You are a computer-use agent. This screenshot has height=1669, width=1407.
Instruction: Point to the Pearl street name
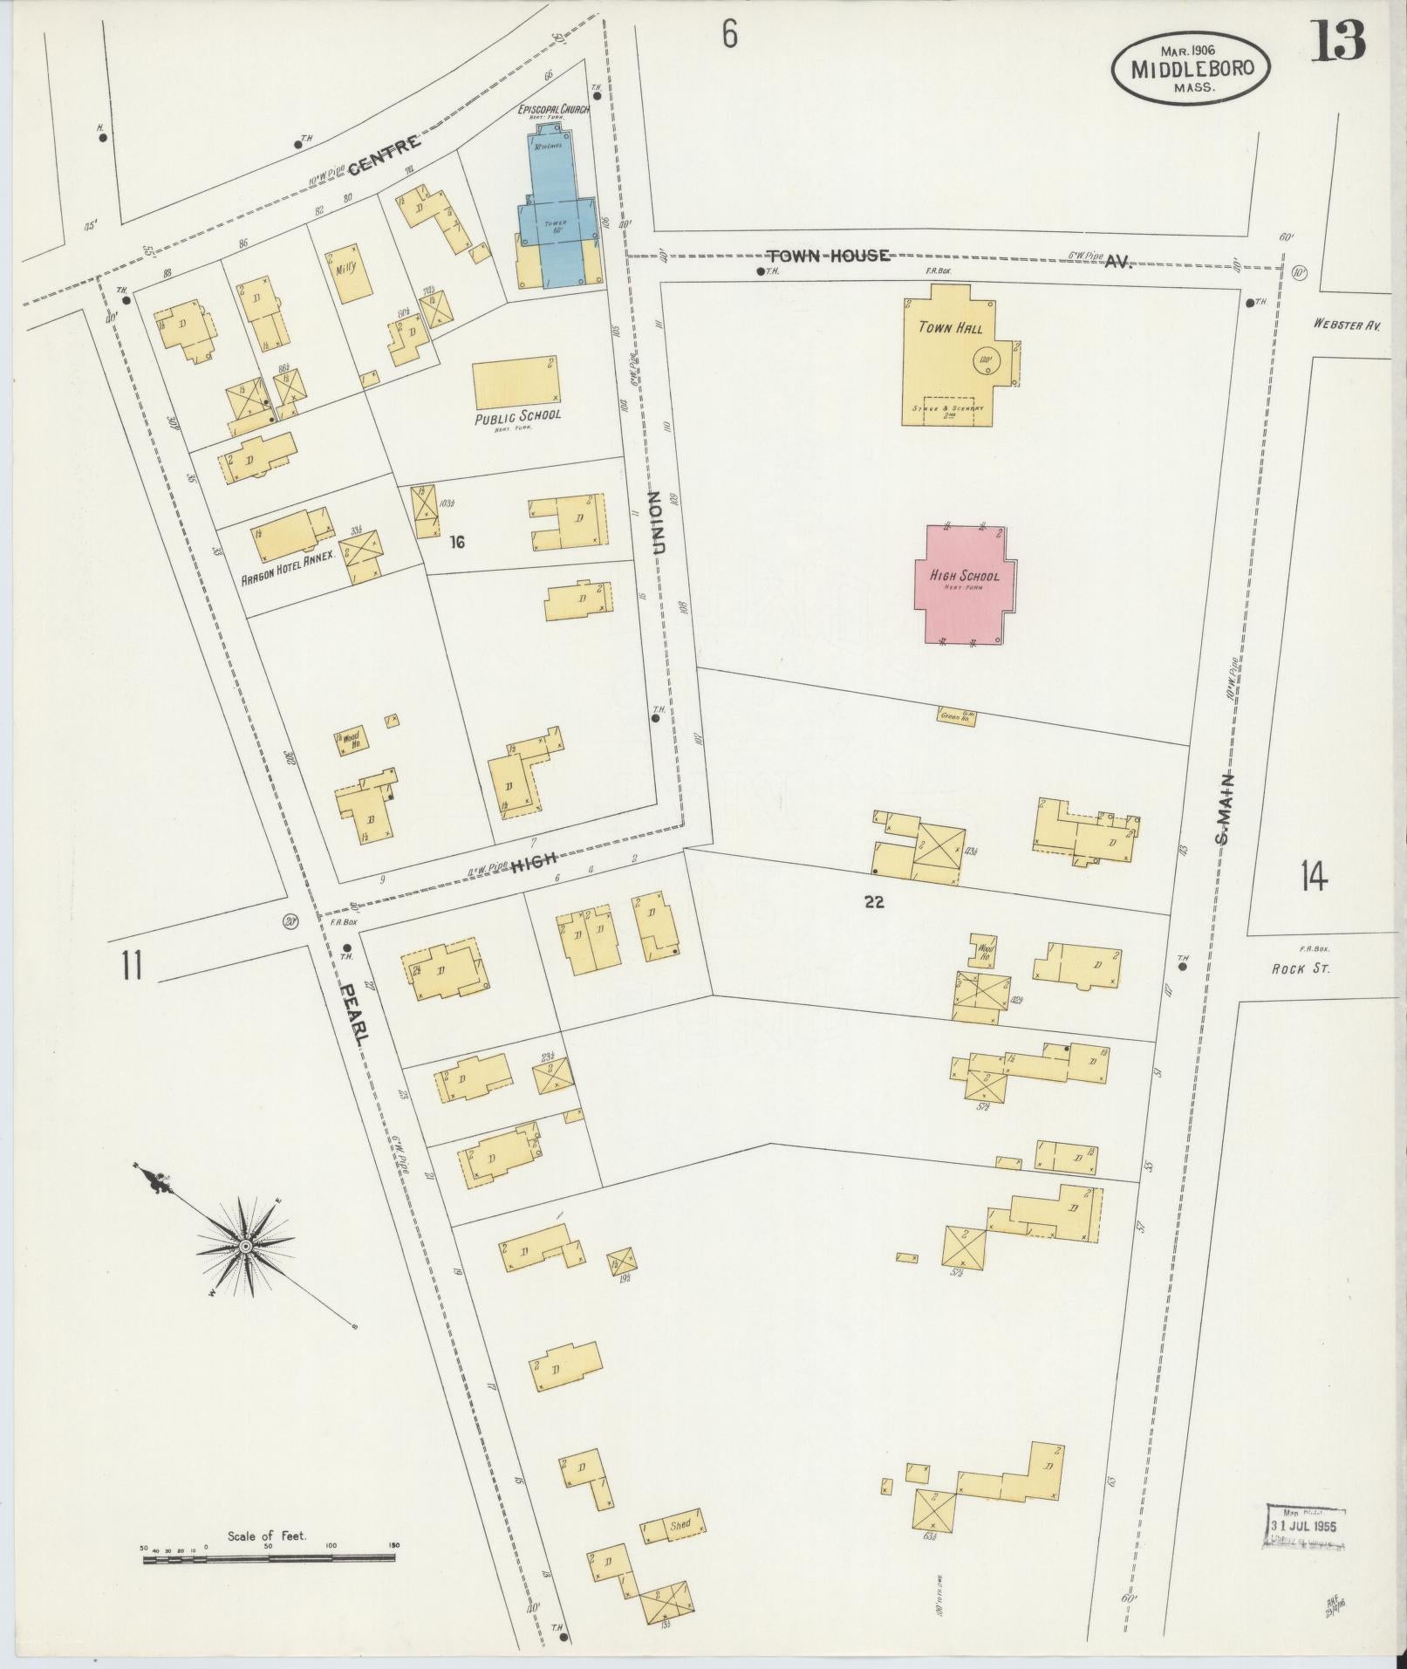356,1010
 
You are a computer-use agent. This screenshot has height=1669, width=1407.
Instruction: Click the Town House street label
828,256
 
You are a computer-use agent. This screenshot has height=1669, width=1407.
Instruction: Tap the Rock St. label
1301,968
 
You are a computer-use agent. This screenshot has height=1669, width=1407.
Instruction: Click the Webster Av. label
1347,324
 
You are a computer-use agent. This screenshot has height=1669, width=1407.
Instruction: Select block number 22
874,903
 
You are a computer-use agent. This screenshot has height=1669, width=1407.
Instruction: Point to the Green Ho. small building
957,715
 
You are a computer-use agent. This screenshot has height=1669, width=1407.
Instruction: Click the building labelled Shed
673,1527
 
